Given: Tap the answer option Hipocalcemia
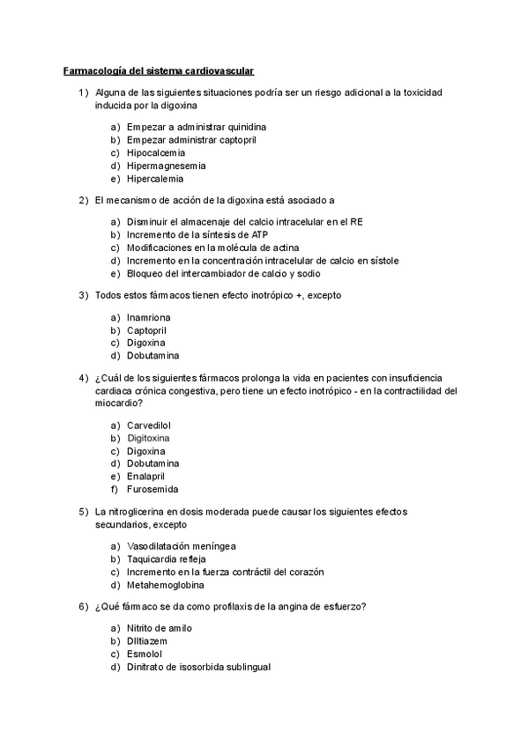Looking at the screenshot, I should coord(154,152).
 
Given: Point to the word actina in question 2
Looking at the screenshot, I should coord(264,248).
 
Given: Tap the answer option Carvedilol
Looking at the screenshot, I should coord(149,424).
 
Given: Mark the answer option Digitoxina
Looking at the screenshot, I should coord(148,437).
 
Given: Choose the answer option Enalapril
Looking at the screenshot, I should coord(147,476).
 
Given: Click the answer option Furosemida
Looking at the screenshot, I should coord(152,489).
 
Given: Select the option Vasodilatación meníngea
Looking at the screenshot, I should coord(181,546).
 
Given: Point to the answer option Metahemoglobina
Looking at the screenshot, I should coord(165,585).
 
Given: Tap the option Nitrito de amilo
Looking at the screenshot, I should coord(159,628).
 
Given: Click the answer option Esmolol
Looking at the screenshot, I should coord(145,654).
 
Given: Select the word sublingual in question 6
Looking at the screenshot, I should coord(247,667).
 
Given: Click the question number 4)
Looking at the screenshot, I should coord(84,377).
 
